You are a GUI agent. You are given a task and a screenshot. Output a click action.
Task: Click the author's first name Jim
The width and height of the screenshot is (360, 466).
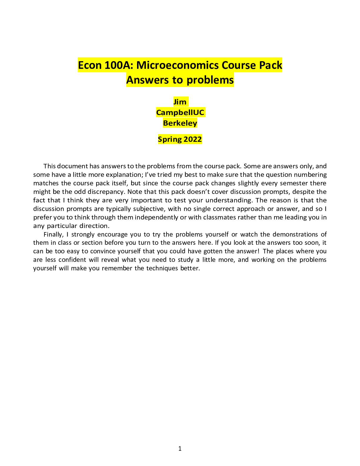pyautogui.click(x=180, y=102)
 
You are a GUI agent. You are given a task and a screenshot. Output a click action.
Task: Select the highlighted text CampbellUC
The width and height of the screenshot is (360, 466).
pyautogui.click(x=180, y=112)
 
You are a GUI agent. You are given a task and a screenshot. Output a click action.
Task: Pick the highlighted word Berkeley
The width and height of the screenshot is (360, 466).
pyautogui.click(x=180, y=123)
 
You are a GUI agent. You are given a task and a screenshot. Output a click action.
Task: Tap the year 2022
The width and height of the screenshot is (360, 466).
pyautogui.click(x=193, y=139)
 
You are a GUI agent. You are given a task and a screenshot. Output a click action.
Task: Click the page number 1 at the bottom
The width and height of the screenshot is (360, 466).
pyautogui.click(x=180, y=448)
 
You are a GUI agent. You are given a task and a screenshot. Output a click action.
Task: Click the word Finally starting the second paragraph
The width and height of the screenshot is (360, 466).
pyautogui.click(x=53, y=234)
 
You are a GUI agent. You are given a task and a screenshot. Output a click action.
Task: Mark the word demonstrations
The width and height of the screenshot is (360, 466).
pyautogui.click(x=296, y=234)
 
